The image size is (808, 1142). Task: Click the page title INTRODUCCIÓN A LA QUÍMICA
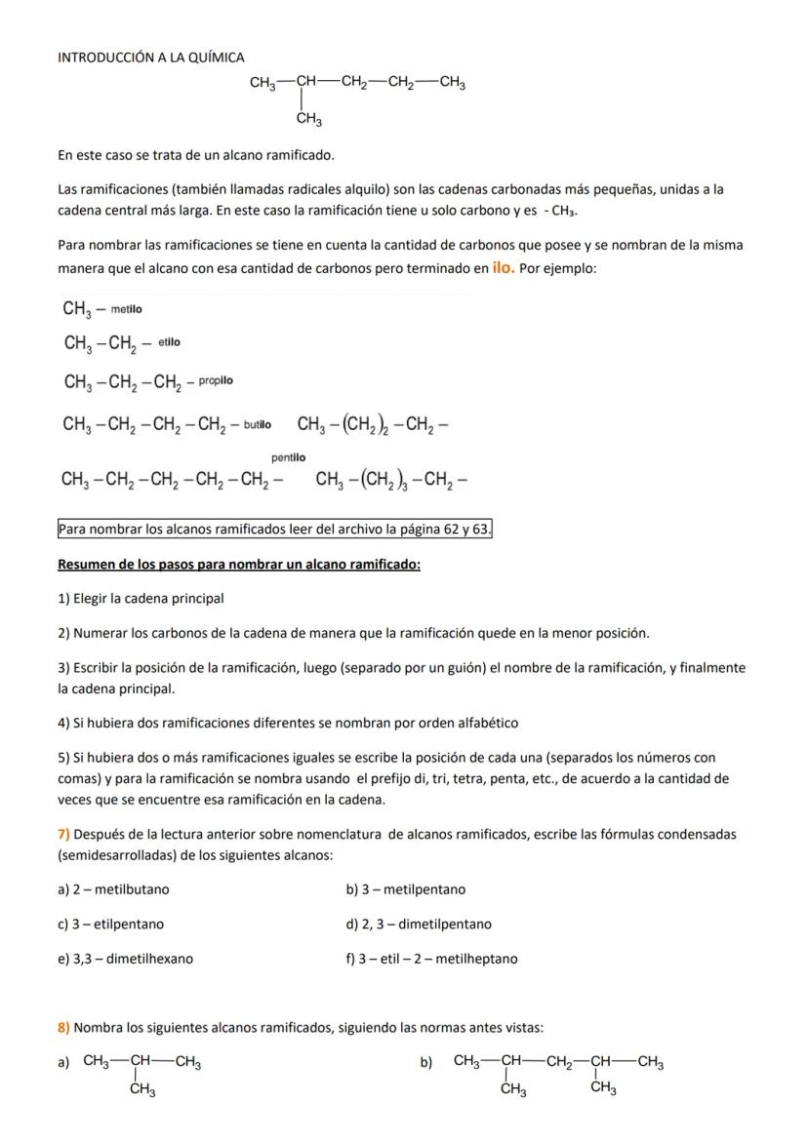(151, 58)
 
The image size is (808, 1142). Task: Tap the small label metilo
(126, 309)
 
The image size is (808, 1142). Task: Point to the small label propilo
(216, 380)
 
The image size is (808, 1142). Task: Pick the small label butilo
(258, 424)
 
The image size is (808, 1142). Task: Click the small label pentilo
(288, 457)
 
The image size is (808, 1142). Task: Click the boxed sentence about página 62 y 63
(275, 530)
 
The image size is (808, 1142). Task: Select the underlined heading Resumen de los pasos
(239, 565)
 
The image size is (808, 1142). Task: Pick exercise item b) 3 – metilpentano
(405, 889)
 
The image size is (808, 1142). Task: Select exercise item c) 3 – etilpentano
(110, 924)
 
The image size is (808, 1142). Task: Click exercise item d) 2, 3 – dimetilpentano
(419, 924)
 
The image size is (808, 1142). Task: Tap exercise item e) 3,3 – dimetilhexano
(125, 959)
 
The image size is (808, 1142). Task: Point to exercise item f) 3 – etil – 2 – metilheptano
(431, 959)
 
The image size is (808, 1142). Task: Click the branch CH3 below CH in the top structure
(310, 120)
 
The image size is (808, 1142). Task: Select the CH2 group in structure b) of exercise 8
(558, 1062)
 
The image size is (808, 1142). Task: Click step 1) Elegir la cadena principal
(141, 598)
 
